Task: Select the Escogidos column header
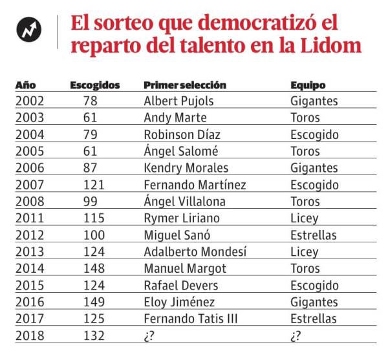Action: click(x=95, y=85)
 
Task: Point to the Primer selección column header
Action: click(x=185, y=85)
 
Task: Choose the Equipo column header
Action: click(x=308, y=85)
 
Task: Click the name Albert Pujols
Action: click(x=178, y=101)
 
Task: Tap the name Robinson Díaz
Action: click(x=182, y=135)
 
